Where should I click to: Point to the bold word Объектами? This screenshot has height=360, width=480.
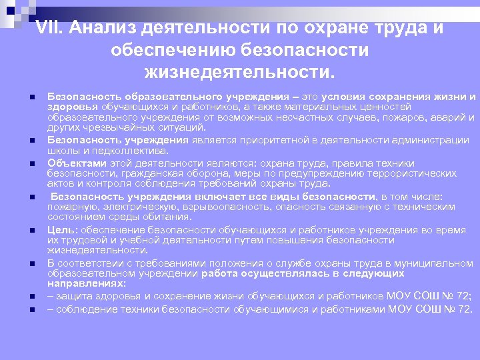77,163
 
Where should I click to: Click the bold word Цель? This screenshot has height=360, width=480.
61,230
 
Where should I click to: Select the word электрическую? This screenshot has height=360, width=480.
125,207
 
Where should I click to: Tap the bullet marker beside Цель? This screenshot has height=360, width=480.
32,230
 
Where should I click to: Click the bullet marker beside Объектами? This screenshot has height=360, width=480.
32,163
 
